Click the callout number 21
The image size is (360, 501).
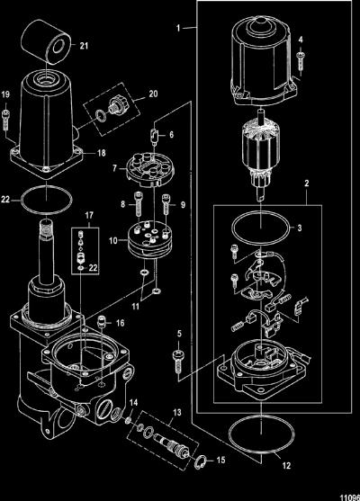click(84, 46)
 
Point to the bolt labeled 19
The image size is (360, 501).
click(5, 119)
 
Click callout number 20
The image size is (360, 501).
click(154, 94)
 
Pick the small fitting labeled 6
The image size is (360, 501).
click(155, 136)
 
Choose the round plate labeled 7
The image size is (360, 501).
click(149, 169)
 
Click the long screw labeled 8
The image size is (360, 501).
click(138, 204)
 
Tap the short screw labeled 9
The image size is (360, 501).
click(166, 204)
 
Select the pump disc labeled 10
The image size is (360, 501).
click(150, 240)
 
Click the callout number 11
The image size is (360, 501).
click(136, 306)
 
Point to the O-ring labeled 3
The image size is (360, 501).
click(262, 228)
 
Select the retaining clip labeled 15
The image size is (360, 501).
click(199, 463)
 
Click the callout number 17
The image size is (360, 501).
click(89, 215)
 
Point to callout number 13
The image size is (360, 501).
click(177, 413)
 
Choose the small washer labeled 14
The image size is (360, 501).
click(129, 419)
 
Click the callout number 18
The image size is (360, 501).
click(102, 153)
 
